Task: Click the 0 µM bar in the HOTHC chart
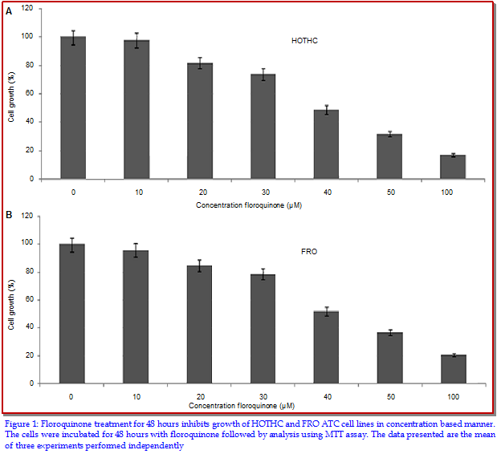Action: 72,108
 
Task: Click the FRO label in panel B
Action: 309,252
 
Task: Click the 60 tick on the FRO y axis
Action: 31,299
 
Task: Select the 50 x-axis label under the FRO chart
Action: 389,395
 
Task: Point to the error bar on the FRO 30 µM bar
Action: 263,274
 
